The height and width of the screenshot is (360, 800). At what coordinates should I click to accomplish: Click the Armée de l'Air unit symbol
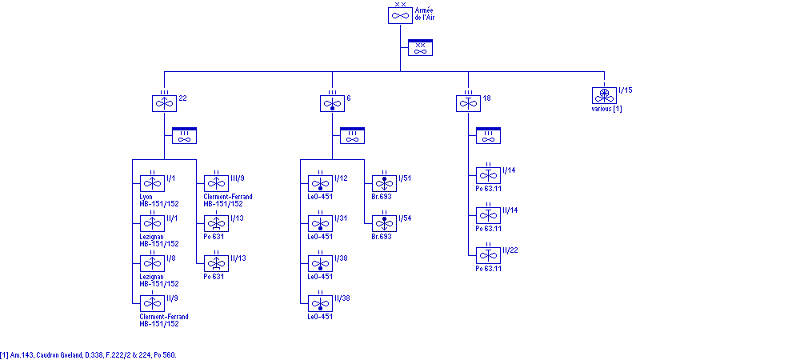[400, 15]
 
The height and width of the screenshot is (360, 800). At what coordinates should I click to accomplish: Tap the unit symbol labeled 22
[164, 103]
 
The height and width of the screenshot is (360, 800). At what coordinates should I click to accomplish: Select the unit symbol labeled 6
[332, 103]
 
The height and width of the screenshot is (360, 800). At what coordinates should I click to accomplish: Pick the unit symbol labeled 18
[468, 103]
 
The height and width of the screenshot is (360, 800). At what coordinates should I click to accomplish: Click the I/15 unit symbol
[604, 95]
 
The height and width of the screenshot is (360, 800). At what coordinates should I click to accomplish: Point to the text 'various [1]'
[606, 109]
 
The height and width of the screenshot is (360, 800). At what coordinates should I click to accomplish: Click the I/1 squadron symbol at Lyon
[152, 183]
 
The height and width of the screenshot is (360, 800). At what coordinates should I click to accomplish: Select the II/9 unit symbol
[152, 303]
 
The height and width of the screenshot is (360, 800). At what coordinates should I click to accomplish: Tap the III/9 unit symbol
[216, 183]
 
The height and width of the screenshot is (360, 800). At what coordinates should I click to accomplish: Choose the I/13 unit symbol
[216, 223]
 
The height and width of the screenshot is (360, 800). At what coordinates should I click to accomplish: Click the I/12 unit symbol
[320, 183]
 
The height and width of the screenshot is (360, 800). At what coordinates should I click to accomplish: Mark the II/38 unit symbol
[320, 303]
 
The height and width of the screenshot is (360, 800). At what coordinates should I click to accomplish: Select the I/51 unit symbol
[384, 183]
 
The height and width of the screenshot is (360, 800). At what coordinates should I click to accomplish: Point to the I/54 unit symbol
[384, 223]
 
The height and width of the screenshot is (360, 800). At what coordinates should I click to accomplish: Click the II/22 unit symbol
[488, 255]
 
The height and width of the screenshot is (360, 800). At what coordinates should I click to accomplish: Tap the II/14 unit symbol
[488, 215]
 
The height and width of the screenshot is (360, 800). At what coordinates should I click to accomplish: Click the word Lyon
[146, 197]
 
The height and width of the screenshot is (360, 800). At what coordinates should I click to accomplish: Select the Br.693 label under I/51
[382, 197]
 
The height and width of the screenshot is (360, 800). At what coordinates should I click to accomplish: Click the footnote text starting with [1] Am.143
[88, 354]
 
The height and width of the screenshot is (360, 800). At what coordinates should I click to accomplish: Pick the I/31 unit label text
[342, 218]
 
